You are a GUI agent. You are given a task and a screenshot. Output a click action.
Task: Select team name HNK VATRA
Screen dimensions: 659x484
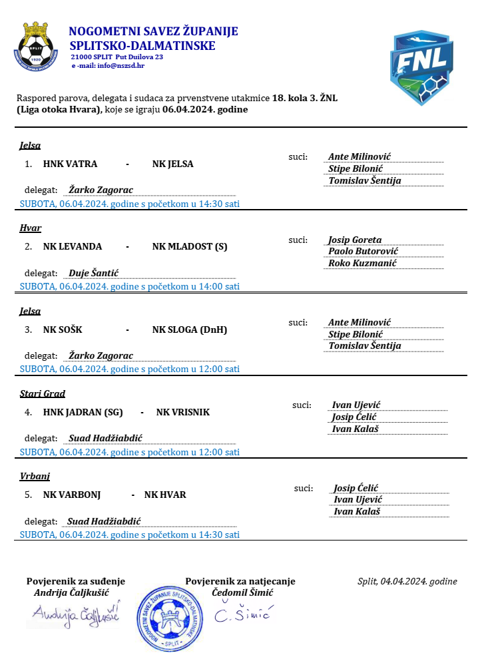coord(70,164)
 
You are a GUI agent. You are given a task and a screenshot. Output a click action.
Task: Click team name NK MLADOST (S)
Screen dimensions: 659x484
coord(190,246)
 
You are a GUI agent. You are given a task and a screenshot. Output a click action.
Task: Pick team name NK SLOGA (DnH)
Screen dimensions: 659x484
coord(190,329)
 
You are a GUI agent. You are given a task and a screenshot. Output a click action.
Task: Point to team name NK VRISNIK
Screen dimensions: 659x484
coord(183,412)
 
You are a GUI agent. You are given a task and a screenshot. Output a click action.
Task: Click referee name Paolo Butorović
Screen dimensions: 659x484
coord(363,251)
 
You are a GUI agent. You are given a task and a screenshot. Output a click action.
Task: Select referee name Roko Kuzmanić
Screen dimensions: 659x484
coord(362,263)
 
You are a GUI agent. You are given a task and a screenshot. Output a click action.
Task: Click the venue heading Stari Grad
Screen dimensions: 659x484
coord(43,393)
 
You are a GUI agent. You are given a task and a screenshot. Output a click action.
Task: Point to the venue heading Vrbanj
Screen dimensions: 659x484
coord(35,476)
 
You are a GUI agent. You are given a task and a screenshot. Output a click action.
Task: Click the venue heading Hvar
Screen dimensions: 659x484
coord(31,228)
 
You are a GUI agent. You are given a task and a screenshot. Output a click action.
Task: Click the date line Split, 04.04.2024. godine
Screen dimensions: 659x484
coord(407,581)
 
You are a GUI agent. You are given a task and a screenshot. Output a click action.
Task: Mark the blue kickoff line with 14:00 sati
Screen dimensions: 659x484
coord(130,286)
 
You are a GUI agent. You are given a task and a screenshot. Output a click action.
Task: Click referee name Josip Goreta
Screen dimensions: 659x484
coord(355,240)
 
